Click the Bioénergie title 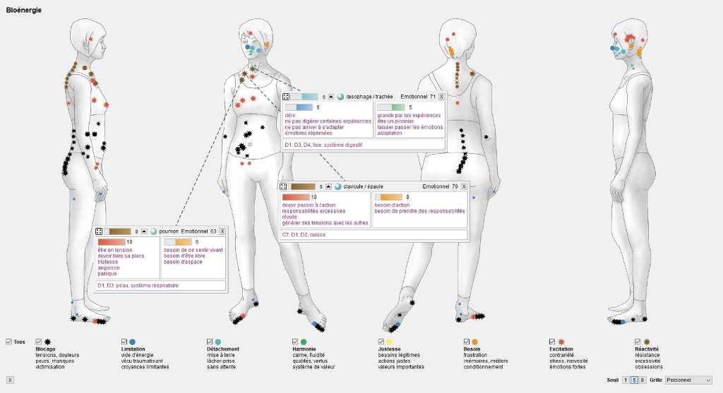(x=23, y=10)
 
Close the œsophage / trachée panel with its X (x=442, y=96)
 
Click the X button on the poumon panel (x=222, y=231)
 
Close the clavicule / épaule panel (x=464, y=186)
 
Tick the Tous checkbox (x=8, y=341)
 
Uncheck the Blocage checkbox (x=39, y=341)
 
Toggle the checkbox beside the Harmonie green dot (x=295, y=341)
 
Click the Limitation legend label (x=133, y=349)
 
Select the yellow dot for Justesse (x=389, y=341)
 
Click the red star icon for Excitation (x=561, y=341)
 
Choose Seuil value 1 (x=626, y=380)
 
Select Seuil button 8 (x=643, y=380)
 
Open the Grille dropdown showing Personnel (x=688, y=380)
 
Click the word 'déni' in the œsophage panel (x=289, y=115)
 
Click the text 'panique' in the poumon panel (x=107, y=274)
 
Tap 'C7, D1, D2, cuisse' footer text (x=304, y=234)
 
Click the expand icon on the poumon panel (x=99, y=231)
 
